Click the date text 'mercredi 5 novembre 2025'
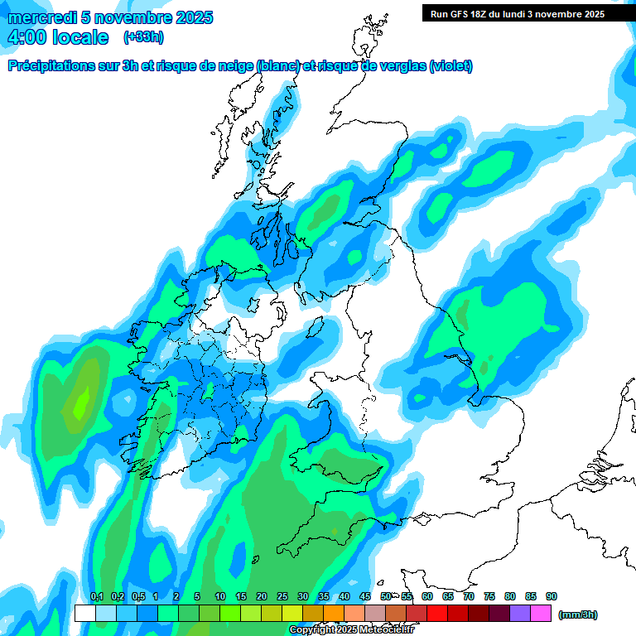click(x=110, y=17)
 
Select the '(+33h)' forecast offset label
click(x=143, y=37)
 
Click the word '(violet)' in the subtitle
click(x=451, y=66)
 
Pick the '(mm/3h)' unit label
click(x=578, y=614)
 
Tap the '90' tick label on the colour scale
click(x=552, y=597)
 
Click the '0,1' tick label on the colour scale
click(x=96, y=597)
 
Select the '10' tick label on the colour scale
click(x=220, y=597)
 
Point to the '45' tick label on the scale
click(x=365, y=597)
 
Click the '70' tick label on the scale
click(x=469, y=597)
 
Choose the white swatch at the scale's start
click(x=84, y=613)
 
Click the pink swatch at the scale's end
click(x=541, y=613)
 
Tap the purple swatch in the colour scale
click(x=520, y=613)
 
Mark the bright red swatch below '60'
click(x=437, y=613)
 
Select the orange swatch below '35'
click(x=334, y=613)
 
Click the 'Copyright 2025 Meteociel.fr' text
click(x=352, y=629)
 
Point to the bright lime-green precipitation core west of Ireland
click(x=81, y=403)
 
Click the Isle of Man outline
click(x=314, y=329)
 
